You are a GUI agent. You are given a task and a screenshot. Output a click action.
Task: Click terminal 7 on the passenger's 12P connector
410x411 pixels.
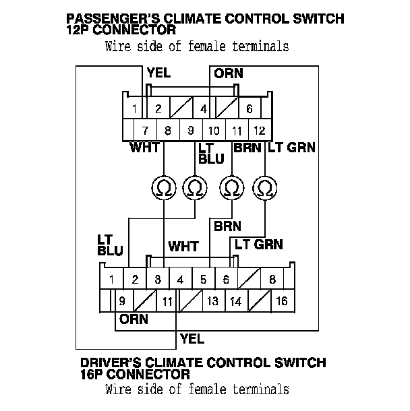145,130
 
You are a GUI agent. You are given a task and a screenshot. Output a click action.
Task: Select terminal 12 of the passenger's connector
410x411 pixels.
260,130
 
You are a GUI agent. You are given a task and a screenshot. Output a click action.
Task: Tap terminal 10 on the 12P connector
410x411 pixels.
214,130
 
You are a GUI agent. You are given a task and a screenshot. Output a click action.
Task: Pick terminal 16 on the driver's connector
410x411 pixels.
281,301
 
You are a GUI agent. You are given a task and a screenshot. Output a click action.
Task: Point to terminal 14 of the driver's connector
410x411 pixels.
235,301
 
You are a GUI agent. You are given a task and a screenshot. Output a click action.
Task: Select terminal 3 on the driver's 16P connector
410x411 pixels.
157,278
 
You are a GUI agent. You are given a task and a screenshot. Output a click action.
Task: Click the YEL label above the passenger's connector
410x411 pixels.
158,73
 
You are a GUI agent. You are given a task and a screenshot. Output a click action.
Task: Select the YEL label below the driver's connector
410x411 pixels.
192,338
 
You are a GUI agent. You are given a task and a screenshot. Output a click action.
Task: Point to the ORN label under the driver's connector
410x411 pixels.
134,319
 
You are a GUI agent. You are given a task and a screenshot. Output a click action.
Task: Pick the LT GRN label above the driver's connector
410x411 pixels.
258,245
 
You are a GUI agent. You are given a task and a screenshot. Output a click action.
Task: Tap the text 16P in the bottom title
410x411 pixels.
92,374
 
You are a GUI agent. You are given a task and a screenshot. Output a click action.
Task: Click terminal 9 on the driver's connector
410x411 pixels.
121,301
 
